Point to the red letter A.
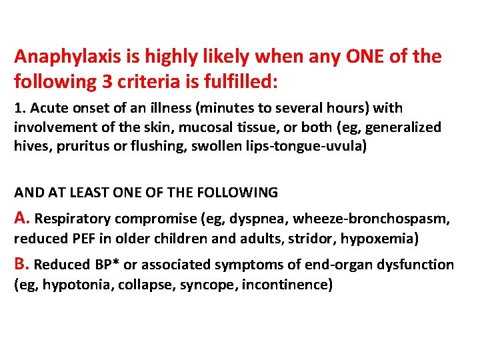[x=20, y=217]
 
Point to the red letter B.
[x=20, y=264]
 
